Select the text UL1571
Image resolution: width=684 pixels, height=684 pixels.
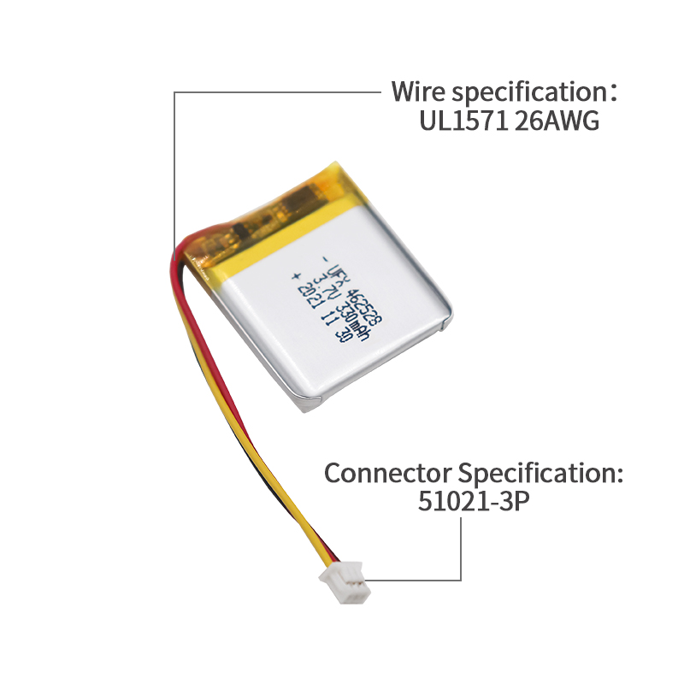[x=463, y=121]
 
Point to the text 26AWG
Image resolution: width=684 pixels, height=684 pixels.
[x=557, y=121]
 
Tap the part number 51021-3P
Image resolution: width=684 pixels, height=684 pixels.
[x=474, y=502]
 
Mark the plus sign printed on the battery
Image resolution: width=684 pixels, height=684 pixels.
[x=296, y=277]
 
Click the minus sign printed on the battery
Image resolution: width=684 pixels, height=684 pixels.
[x=324, y=259]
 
